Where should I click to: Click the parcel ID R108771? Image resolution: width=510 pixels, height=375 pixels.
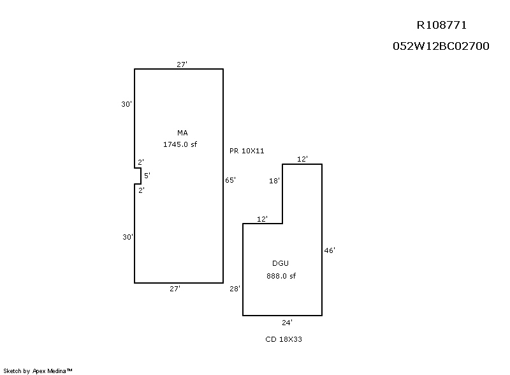441,26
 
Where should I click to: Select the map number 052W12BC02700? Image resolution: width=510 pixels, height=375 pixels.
441,46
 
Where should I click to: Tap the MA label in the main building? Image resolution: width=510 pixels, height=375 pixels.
182,133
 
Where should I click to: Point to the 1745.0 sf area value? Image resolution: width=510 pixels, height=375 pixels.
180,144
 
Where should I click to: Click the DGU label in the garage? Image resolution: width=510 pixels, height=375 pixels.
280,263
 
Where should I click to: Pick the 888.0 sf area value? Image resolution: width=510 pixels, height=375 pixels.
280,276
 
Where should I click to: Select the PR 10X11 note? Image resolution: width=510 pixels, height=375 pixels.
247,151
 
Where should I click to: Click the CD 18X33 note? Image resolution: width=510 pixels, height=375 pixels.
284,339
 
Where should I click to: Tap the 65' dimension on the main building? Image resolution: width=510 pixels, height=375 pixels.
231,180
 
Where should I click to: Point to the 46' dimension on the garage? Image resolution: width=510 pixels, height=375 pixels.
330,250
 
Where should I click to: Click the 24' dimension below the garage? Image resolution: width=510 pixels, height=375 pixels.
288,323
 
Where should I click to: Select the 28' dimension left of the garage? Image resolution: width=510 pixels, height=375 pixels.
235,289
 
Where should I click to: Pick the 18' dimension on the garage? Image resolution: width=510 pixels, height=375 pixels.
274,181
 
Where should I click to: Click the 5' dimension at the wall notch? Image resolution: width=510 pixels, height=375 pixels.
146,175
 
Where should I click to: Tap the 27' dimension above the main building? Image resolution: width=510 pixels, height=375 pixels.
182,64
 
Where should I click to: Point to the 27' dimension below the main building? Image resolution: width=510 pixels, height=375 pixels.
175,289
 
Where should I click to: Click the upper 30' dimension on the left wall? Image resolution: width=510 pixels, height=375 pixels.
126,104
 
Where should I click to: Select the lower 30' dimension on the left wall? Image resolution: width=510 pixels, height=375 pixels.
127,237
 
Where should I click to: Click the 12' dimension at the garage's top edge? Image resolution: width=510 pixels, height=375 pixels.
303,158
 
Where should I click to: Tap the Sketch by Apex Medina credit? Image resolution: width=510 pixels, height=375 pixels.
38,370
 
